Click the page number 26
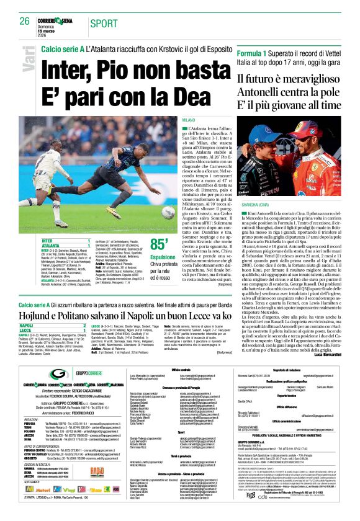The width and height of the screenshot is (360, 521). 24,21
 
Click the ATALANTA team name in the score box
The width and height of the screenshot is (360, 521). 32,245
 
